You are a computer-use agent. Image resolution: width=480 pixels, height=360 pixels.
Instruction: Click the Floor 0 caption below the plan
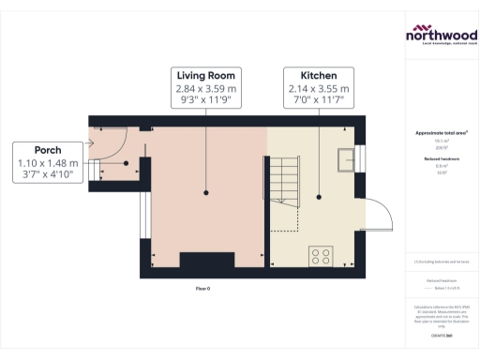point(202,288)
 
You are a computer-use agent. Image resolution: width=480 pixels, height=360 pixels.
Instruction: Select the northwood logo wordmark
point(441,35)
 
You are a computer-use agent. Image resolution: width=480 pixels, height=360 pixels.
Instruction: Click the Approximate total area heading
point(441,133)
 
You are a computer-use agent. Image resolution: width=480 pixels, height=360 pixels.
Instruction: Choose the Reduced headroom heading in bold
point(441,159)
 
